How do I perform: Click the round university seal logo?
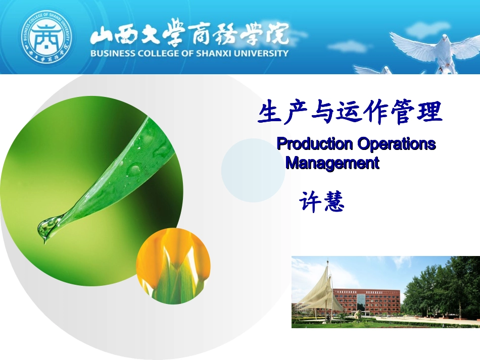pos(46,37)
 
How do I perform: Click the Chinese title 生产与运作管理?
pos(350,112)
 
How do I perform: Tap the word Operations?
pos(396,144)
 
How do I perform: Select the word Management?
pos(332,163)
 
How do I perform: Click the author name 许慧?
pos(321,202)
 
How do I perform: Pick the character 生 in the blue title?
pos(269,112)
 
